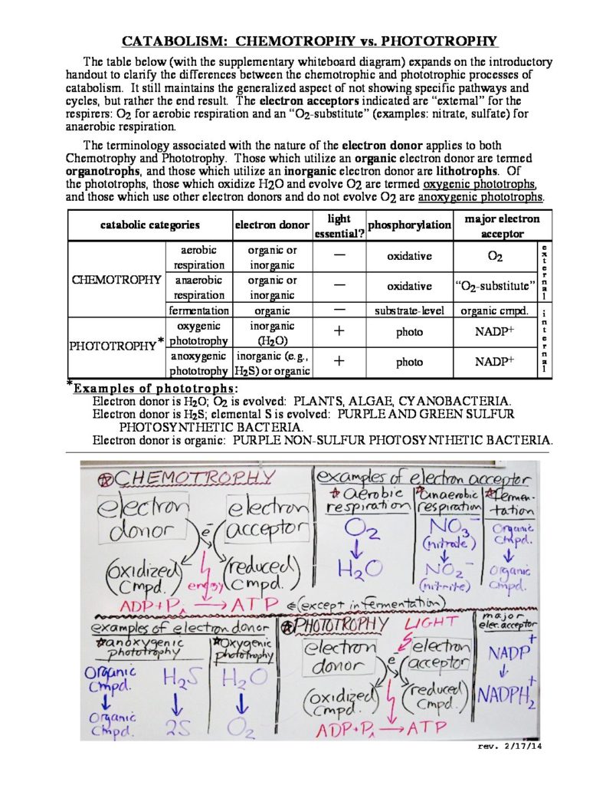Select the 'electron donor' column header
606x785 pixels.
(x=272, y=225)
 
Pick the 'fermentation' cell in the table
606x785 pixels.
(x=198, y=310)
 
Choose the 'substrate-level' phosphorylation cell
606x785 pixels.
(x=409, y=310)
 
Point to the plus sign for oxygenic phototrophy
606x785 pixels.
(x=338, y=332)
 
